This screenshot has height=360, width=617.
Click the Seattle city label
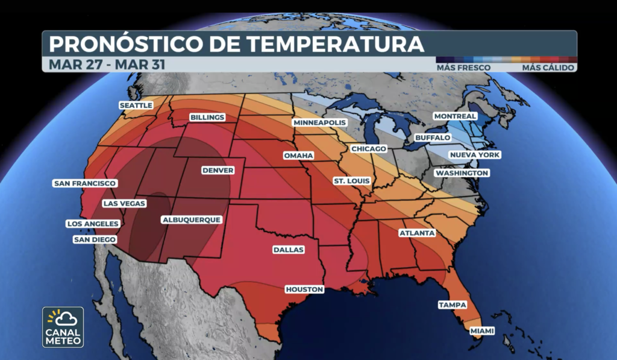[136, 106]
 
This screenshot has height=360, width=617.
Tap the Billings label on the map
[207, 117]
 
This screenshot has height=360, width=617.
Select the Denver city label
[218, 171]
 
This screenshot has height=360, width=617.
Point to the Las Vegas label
[124, 203]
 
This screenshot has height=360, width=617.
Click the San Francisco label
[85, 183]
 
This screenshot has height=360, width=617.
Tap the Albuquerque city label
[192, 220]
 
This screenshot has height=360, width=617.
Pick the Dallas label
[288, 250]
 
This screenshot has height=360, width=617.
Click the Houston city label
[304, 289]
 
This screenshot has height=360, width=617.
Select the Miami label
[482, 331]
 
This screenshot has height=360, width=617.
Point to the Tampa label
[453, 305]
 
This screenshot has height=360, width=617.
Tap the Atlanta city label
[416, 233]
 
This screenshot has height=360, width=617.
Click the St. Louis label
[352, 181]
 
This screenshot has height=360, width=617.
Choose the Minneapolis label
[320, 123]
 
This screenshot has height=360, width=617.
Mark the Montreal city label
[455, 116]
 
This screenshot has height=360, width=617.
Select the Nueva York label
[475, 155]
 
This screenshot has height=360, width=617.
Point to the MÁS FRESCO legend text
[463, 68]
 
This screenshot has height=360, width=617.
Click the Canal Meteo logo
[63, 327]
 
